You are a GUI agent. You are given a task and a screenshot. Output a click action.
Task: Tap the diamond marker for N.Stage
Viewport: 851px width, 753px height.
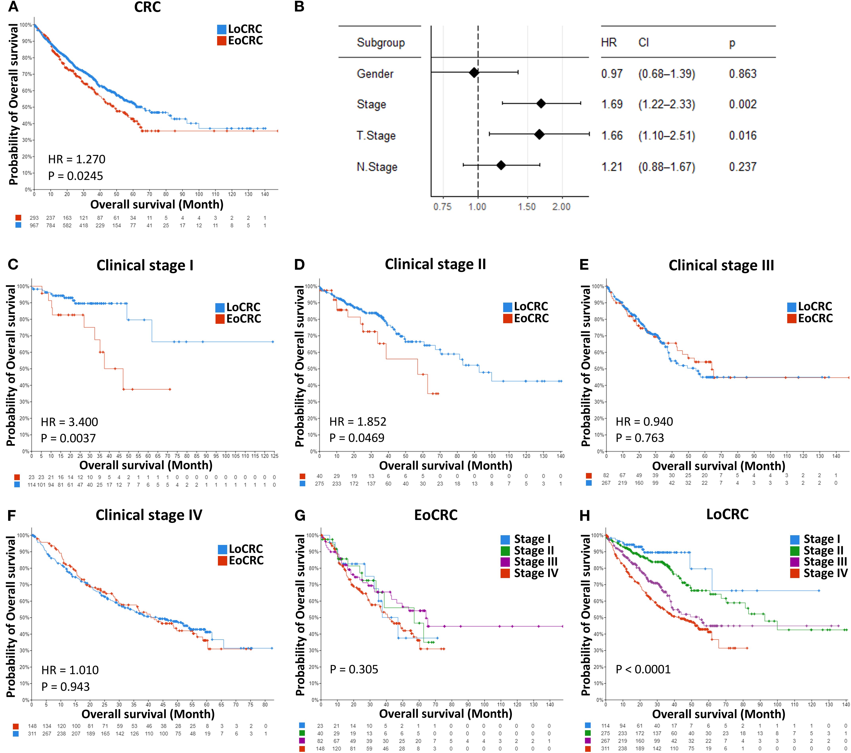(x=501, y=165)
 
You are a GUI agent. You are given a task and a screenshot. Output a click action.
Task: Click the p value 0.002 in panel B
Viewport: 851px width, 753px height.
(x=742, y=104)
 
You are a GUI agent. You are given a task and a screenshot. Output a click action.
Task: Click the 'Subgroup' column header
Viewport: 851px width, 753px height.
(x=381, y=42)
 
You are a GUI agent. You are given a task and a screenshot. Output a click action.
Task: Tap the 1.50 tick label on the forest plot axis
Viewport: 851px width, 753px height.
(x=527, y=206)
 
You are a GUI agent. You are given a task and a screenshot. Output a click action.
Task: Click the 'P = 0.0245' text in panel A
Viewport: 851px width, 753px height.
(x=75, y=176)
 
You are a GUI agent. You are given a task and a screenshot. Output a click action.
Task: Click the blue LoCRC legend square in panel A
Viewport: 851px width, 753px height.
(x=221, y=29)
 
